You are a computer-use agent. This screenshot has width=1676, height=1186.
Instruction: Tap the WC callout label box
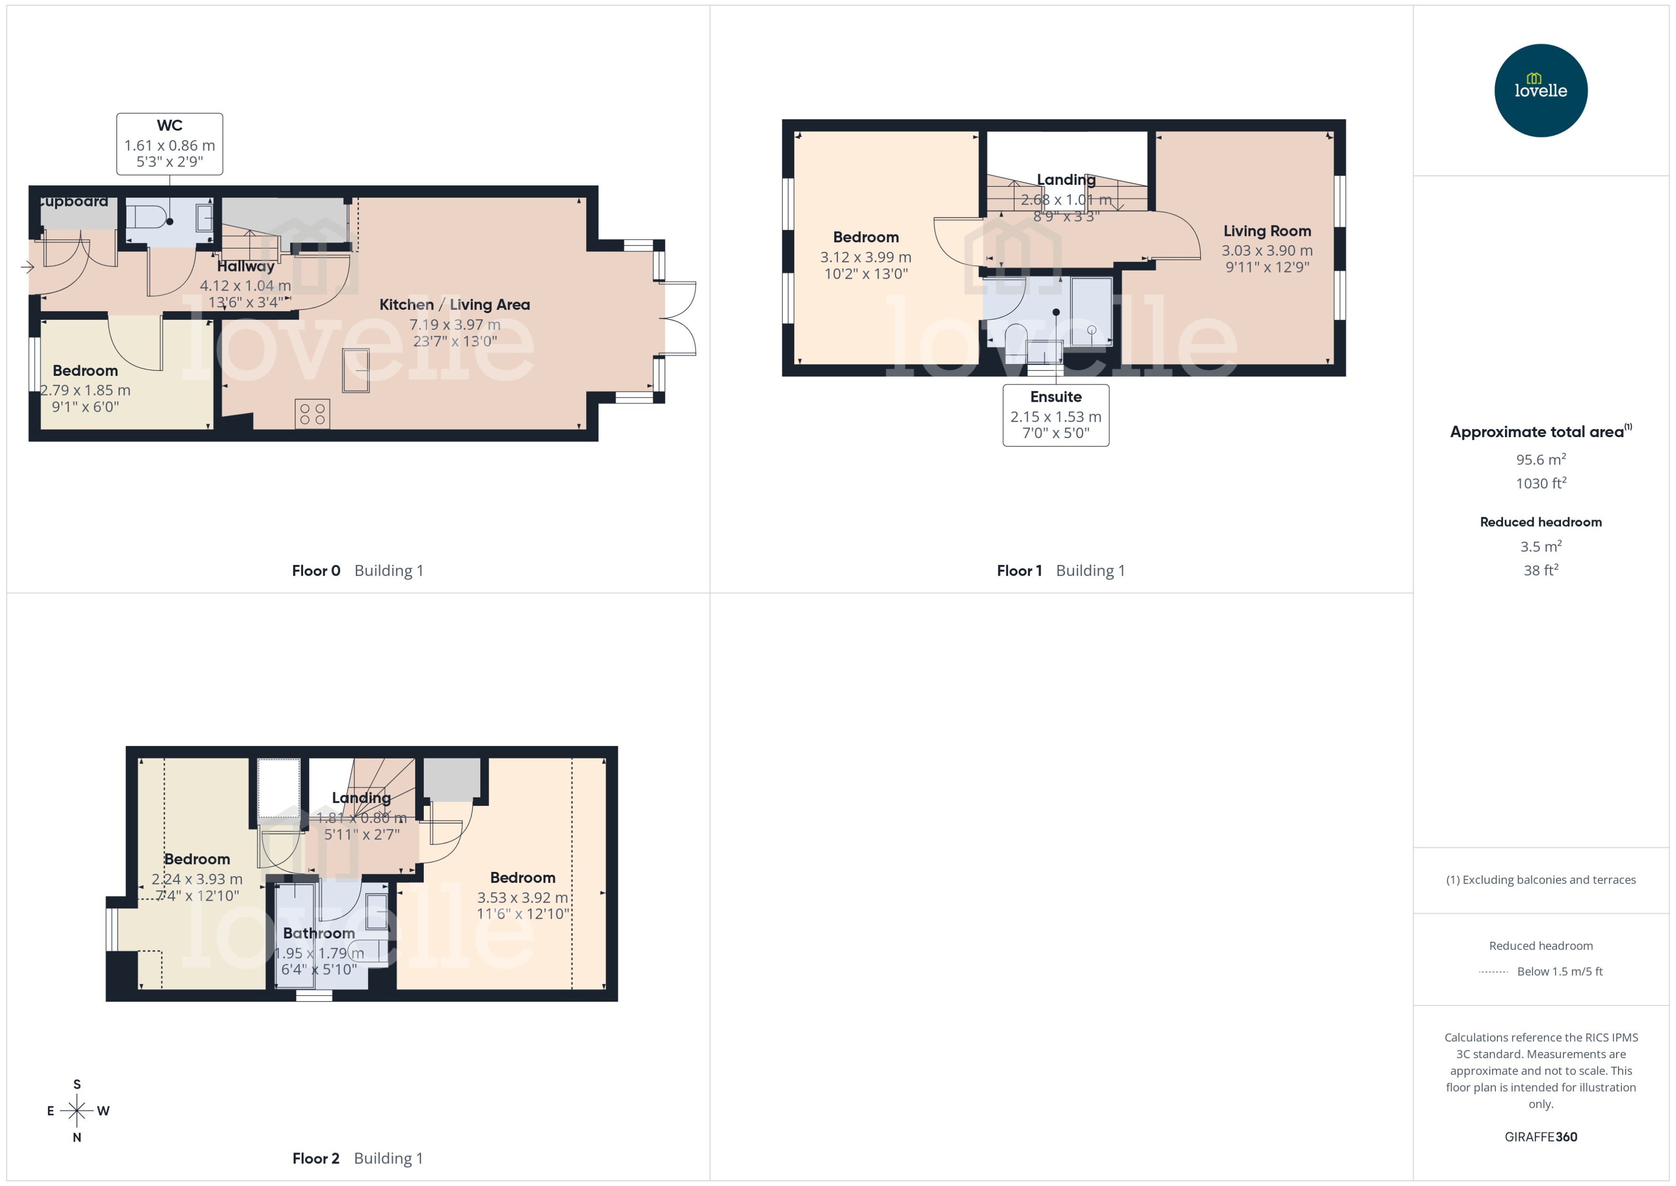click(170, 144)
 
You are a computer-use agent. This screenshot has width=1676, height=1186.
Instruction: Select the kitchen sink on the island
click(356, 370)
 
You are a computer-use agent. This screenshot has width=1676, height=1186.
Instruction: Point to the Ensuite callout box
click(1055, 415)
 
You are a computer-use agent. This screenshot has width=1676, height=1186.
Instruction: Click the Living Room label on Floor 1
click(1267, 231)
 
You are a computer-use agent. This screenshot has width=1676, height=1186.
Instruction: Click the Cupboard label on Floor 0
click(73, 202)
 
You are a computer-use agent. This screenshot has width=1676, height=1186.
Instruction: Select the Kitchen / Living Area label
click(454, 305)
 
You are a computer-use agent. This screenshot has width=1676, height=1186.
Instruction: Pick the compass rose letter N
click(77, 1137)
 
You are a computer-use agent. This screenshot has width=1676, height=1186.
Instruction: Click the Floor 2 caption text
click(316, 1158)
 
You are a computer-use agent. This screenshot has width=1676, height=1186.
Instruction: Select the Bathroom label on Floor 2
click(319, 933)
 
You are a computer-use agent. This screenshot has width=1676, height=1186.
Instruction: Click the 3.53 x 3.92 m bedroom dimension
click(522, 898)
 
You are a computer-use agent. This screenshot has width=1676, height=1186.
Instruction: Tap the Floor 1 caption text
click(1019, 570)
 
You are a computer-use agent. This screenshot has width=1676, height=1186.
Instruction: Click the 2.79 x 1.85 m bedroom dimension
click(85, 390)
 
